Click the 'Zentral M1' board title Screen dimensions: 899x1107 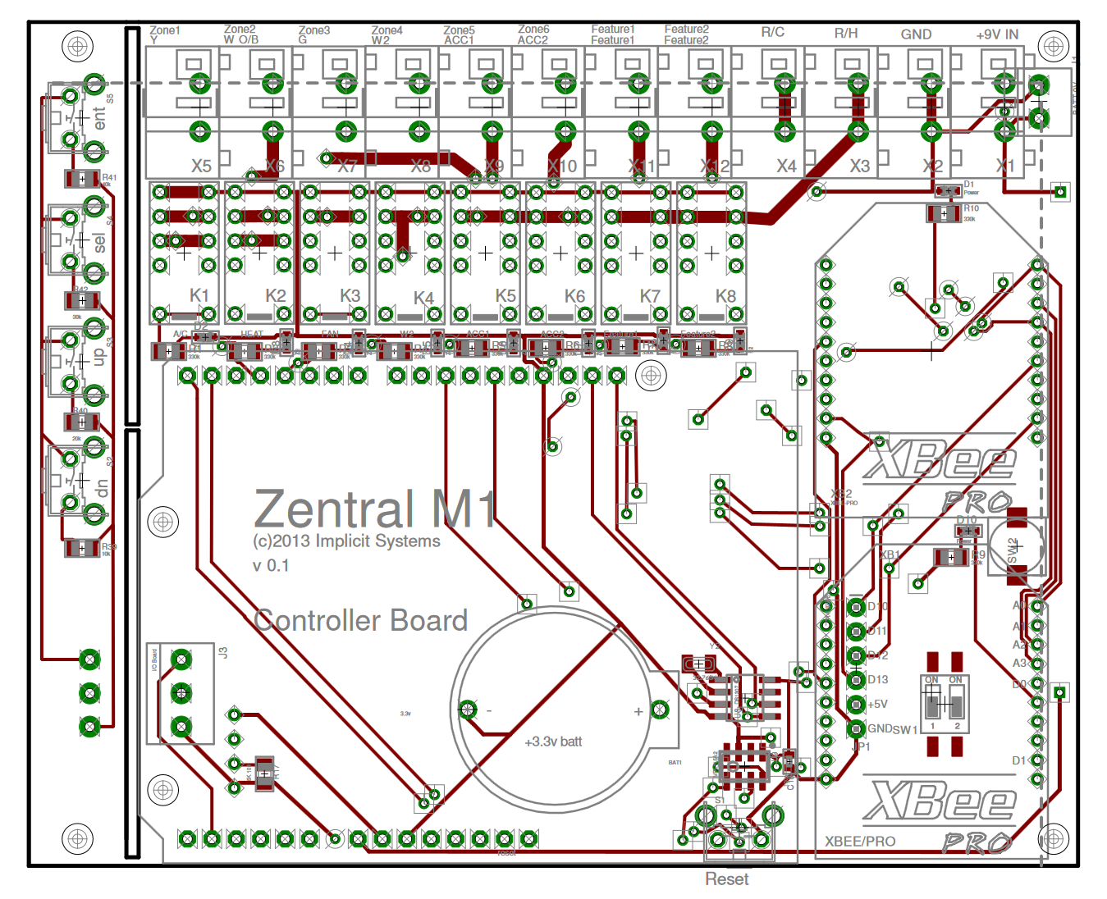tap(374, 509)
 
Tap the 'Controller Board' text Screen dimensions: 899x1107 tap(360, 620)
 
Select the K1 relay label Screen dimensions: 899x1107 tap(199, 295)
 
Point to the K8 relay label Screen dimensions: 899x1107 tap(725, 295)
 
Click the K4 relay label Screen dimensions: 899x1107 tap(423, 298)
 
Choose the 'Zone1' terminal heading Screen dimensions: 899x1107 tap(165, 30)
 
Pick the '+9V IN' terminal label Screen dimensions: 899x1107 tap(997, 34)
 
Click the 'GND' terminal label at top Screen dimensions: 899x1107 tap(916, 34)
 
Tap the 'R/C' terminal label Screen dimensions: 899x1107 tap(773, 33)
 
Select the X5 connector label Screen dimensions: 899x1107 tap(201, 166)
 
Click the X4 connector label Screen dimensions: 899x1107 tap(786, 166)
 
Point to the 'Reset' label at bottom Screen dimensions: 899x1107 tap(726, 878)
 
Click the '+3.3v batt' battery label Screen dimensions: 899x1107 tap(553, 742)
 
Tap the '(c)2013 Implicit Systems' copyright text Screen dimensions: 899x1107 tap(346, 541)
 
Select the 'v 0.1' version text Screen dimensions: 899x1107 tap(271, 565)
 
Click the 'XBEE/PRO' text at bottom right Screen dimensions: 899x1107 tap(860, 841)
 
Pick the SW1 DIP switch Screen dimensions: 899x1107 tap(945, 704)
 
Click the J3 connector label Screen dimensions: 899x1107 tap(223, 653)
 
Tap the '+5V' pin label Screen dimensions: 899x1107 tap(877, 704)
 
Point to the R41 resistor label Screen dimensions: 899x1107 tap(109, 177)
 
